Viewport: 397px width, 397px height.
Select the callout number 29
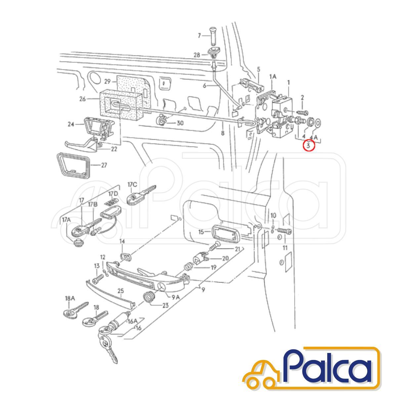point(108,82)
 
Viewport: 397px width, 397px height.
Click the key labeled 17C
point(141,196)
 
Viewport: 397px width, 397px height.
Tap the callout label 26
point(82,99)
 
